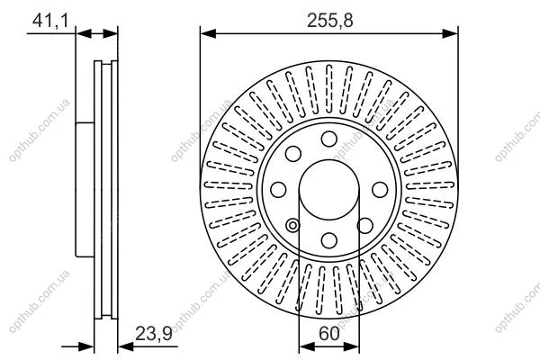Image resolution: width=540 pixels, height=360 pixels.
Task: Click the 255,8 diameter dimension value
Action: tap(330, 21)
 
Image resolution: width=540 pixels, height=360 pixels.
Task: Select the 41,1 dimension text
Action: tap(50, 21)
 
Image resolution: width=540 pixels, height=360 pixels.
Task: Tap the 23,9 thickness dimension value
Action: tap(154, 333)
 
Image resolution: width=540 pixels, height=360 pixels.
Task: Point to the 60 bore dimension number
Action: tap(329, 333)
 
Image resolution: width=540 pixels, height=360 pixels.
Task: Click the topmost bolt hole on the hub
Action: tap(328, 139)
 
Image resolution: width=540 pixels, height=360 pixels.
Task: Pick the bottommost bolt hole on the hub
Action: tap(328, 240)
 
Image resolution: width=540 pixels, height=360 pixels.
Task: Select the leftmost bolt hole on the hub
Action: tap(278, 190)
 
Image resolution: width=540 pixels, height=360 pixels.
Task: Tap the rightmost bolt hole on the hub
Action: tap(380, 190)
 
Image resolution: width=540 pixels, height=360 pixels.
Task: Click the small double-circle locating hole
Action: tap(292, 226)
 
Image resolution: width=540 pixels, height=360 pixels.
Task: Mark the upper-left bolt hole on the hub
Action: tap(293, 154)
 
